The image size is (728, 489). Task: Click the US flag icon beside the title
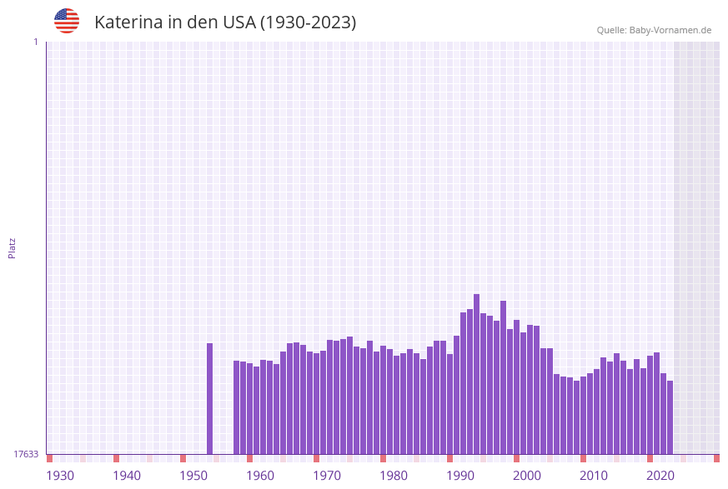pos(67,21)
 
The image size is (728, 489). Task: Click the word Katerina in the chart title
pos(128,22)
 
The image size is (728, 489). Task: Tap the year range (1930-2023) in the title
pos(308,22)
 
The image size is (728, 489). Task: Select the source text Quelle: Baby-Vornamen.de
pos(654,30)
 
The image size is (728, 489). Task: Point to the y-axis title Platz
pos(12,247)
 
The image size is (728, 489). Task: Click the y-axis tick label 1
pos(35,42)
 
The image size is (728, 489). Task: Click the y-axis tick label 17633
pos(26,454)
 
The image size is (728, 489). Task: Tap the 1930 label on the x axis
pos(60,476)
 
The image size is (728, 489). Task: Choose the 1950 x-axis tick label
pos(193,476)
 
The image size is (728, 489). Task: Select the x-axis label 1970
pos(327,476)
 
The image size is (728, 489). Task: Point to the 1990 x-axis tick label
pos(460,476)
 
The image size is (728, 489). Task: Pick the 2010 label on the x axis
pos(594,476)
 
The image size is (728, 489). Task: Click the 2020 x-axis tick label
pos(660,476)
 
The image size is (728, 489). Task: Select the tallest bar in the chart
pos(476,374)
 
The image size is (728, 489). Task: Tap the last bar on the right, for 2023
pos(670,417)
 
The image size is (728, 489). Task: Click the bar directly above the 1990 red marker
pos(449,404)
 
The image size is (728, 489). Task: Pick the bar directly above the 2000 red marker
pos(516,387)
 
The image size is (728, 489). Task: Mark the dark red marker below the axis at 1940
pos(116,458)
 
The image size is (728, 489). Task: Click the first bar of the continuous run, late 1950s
pos(236,407)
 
